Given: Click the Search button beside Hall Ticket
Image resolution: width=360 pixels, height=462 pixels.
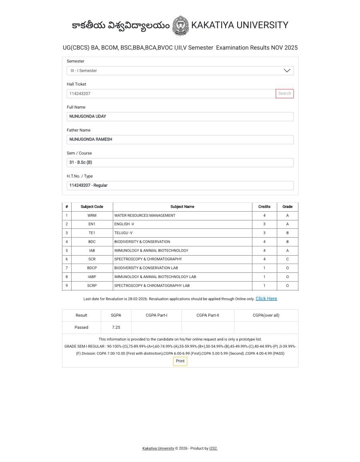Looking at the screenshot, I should (x=284, y=94).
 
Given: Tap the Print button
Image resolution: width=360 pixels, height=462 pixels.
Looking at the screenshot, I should (x=180, y=361).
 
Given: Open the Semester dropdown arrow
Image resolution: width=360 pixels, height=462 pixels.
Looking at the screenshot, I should (x=287, y=71).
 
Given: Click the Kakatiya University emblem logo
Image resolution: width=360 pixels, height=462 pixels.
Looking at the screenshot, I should (x=180, y=26).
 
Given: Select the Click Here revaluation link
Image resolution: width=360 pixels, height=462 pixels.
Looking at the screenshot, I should (x=266, y=299).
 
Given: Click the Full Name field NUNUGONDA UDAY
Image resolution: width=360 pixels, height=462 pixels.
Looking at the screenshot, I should (x=180, y=116).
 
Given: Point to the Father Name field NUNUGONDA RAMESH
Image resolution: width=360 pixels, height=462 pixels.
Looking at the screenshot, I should (x=180, y=140).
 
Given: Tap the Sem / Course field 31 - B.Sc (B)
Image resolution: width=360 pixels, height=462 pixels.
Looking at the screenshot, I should (x=180, y=162).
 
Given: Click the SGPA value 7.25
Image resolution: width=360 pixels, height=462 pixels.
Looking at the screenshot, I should (x=116, y=327).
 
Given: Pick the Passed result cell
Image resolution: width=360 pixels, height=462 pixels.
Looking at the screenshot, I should (x=81, y=327).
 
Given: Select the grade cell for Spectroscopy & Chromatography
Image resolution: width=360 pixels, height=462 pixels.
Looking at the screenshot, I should (x=287, y=259).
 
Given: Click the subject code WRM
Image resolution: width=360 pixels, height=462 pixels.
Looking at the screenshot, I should (x=92, y=216).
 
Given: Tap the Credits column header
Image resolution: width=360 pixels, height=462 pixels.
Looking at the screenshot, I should (x=264, y=207).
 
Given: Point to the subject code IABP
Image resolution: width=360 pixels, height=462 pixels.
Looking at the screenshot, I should (x=92, y=277).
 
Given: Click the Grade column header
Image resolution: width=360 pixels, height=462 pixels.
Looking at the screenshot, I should (x=287, y=207).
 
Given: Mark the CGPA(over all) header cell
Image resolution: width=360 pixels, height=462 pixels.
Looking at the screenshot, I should (x=266, y=315).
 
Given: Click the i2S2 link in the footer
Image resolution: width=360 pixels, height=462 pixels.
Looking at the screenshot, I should (x=213, y=448).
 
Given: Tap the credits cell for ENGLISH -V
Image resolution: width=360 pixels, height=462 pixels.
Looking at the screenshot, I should (x=264, y=224).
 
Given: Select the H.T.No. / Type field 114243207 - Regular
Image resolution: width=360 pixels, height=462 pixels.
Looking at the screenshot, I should (x=180, y=186).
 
